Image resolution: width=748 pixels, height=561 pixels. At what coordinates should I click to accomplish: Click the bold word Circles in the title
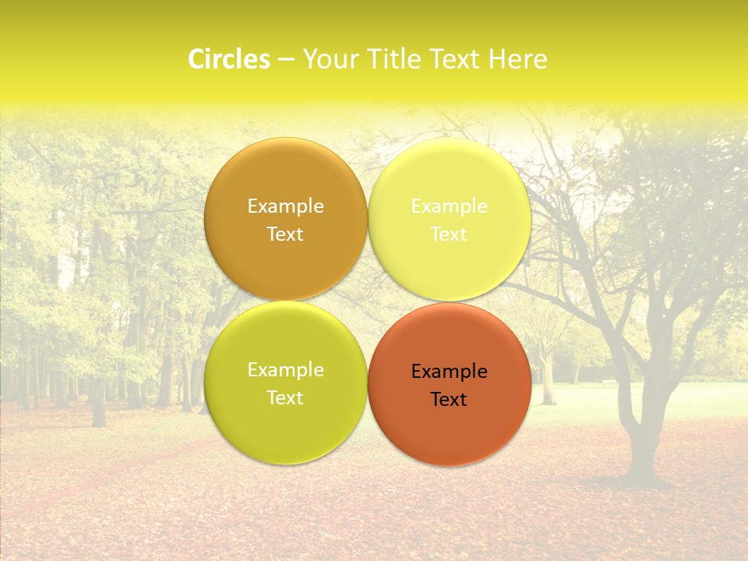coord(229,59)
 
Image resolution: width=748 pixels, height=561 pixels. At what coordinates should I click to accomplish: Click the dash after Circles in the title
coord(285,60)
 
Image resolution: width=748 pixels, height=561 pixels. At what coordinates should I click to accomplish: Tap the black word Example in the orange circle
coord(449,372)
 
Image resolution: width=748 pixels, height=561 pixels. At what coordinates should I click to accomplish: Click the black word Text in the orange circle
coord(449,400)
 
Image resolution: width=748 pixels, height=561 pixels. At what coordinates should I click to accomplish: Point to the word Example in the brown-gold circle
coord(285,206)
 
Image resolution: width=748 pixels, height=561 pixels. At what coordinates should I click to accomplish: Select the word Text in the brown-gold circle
coord(285,235)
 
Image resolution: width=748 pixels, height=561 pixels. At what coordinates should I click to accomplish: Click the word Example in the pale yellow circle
coord(449,206)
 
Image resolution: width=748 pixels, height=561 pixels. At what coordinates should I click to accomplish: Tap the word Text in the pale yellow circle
coord(449,235)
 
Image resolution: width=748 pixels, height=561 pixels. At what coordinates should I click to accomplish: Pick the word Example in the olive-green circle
coord(285,370)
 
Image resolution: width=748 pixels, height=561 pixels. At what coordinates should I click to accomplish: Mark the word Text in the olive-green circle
coord(285,398)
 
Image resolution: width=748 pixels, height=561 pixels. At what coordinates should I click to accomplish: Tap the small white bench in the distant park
coord(609,383)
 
